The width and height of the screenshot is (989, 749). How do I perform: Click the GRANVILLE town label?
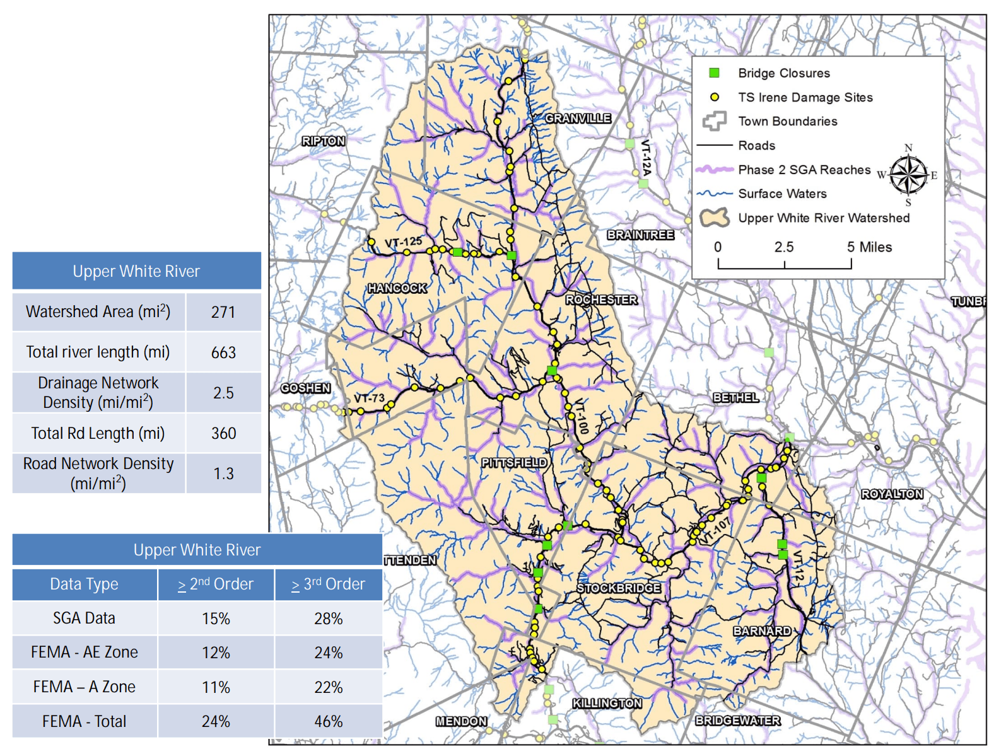(578, 118)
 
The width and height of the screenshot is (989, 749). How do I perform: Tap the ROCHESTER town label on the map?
(601, 299)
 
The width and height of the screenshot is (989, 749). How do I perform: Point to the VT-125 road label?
(403, 241)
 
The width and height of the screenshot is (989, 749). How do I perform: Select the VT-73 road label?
(369, 398)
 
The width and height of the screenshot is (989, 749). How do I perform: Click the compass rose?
(908, 175)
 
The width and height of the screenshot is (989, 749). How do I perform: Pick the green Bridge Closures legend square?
(714, 73)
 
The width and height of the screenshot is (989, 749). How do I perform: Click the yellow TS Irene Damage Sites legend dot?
(715, 97)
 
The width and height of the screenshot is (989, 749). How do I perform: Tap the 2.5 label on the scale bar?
(784, 247)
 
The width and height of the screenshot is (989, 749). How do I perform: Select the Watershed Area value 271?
(223, 312)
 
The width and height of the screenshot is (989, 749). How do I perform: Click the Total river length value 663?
(223, 352)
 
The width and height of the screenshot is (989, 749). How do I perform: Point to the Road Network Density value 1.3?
(223, 473)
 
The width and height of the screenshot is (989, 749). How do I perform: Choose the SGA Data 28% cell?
(328, 618)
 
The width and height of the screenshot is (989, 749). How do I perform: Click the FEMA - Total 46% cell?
(328, 721)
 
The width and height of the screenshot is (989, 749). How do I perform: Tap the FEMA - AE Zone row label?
(85, 652)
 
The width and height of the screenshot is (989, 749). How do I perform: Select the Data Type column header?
(85, 584)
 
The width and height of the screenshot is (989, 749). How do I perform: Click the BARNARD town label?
(762, 630)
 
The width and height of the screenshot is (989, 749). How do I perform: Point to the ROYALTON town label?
(892, 494)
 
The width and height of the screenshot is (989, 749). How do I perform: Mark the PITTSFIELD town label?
(514, 462)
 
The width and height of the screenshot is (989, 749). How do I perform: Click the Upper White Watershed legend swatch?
(715, 218)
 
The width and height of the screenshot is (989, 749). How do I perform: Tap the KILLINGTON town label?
(607, 703)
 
